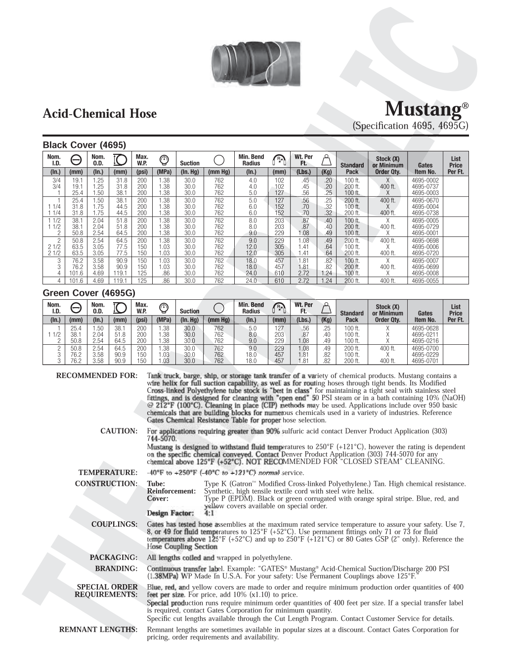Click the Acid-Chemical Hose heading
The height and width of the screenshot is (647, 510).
(x=100, y=114)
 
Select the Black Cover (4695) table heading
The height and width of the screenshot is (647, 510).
(x=85, y=145)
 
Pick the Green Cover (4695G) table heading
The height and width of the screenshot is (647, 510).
(x=89, y=293)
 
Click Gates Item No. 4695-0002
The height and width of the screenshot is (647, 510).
(x=425, y=181)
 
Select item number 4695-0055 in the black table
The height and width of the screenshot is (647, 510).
(x=425, y=280)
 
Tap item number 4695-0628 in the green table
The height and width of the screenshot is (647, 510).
(x=425, y=328)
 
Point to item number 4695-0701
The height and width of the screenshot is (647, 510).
(x=425, y=361)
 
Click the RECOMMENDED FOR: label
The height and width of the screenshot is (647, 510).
(x=97, y=376)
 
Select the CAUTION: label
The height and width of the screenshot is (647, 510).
(x=119, y=431)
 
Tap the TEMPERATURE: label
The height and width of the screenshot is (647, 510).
(x=108, y=473)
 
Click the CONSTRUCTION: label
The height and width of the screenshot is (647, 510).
(x=106, y=483)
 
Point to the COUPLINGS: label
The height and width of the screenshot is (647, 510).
(x=114, y=524)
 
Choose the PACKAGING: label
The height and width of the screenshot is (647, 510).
(x=113, y=558)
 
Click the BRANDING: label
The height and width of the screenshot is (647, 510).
(x=116, y=569)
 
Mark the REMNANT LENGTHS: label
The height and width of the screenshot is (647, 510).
(x=98, y=630)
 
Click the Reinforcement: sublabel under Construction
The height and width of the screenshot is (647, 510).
(x=171, y=491)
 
